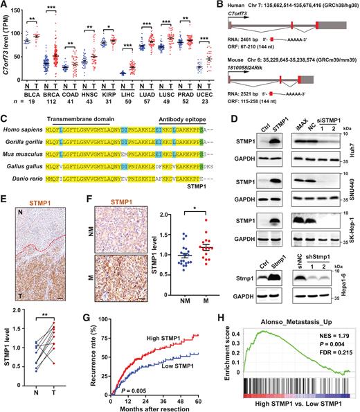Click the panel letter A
5,6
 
